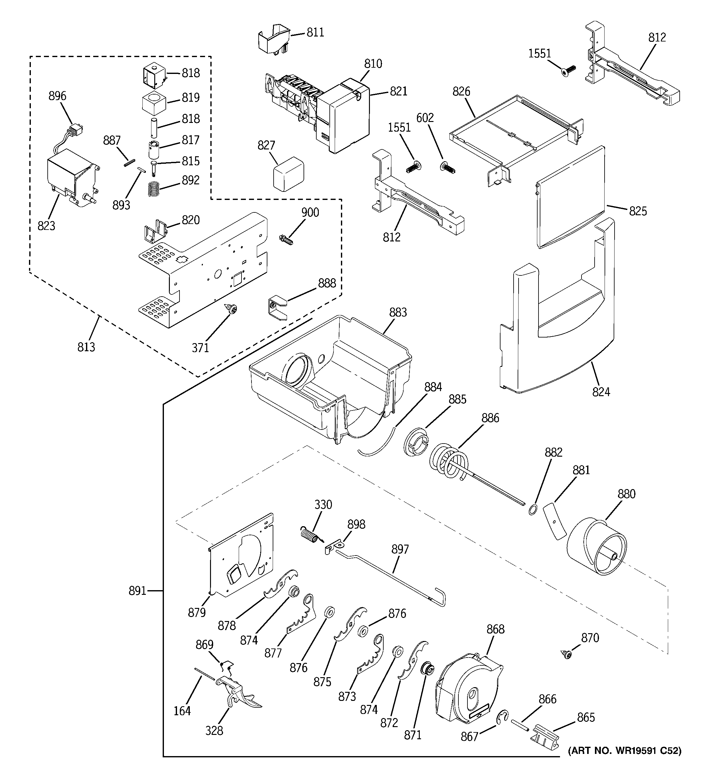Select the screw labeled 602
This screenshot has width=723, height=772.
(448, 168)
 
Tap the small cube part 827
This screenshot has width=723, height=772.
(288, 174)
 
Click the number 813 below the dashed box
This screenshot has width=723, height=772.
(86, 347)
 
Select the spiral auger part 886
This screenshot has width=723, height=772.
(450, 462)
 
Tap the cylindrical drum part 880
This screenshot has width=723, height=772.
(597, 547)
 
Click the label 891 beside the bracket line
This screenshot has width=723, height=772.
(137, 591)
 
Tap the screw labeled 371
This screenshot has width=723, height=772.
(232, 309)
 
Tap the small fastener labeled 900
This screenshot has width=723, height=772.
(286, 240)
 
